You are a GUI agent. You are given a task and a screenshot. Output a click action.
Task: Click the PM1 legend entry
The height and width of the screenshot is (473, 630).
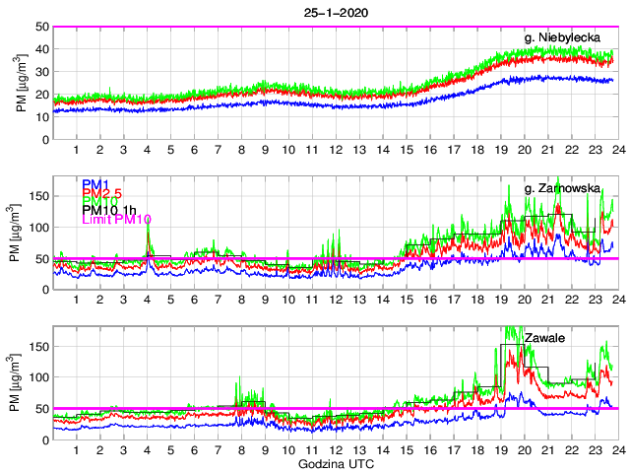click(94, 184)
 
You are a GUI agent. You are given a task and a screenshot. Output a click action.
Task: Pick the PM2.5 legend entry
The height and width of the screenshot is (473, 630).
click(101, 194)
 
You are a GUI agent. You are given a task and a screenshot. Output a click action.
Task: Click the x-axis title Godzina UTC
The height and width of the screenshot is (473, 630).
click(334, 462)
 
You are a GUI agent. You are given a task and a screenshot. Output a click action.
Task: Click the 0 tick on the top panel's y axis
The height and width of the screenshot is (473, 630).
click(43, 139)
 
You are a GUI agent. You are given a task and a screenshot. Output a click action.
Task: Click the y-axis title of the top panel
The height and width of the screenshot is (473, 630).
click(21, 83)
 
